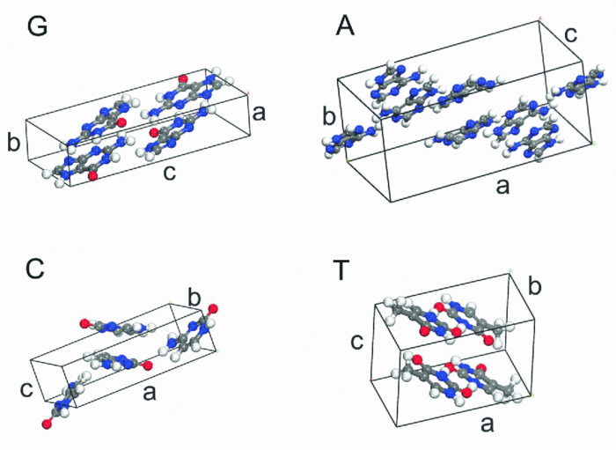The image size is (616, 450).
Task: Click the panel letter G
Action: tap(38, 26)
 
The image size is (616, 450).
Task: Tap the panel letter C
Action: tap(36, 269)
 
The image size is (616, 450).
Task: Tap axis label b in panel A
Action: tap(328, 117)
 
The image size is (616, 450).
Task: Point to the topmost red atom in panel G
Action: tap(182, 80)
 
